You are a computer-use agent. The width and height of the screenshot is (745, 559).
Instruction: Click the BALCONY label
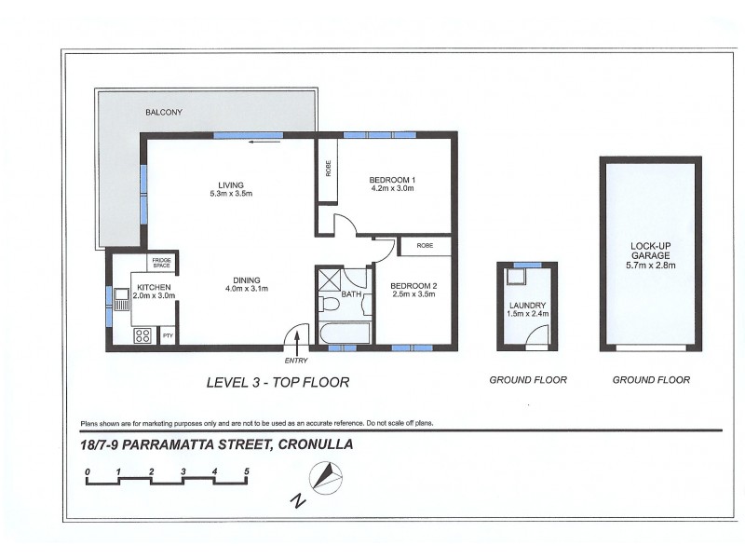[x=163, y=113]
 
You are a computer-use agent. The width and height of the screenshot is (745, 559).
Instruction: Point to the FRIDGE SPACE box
[x=161, y=263]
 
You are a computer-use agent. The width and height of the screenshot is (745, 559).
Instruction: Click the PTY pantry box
[x=168, y=335]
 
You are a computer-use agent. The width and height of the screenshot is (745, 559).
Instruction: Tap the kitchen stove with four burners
[x=143, y=335]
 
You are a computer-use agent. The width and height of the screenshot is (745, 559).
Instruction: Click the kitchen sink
[x=122, y=298]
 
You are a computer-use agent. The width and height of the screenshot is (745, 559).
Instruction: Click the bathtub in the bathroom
[x=343, y=334]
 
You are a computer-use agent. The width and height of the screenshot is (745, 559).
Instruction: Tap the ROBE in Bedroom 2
[x=426, y=247]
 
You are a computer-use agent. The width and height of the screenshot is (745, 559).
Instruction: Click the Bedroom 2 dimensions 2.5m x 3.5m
[x=413, y=295]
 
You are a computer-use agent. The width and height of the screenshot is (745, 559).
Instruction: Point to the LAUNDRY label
[x=527, y=305]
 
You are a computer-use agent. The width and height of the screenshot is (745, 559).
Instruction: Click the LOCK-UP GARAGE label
[x=651, y=253]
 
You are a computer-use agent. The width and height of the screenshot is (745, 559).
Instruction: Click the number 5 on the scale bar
[x=246, y=471]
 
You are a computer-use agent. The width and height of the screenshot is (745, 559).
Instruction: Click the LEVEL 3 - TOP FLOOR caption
[x=277, y=381]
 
